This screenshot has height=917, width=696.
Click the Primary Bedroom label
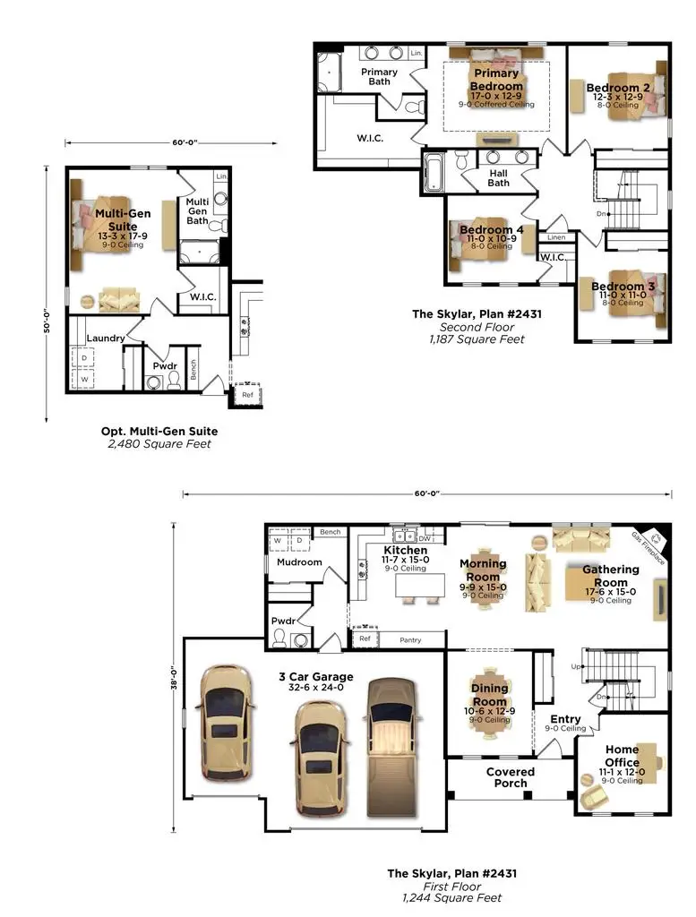click(x=496, y=80)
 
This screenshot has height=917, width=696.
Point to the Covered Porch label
click(x=511, y=777)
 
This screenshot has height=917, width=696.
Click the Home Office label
click(x=622, y=756)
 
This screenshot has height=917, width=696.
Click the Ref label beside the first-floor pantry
click(x=365, y=639)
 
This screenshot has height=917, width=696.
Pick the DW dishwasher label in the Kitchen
click(x=425, y=538)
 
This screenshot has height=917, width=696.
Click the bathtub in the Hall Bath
click(x=434, y=173)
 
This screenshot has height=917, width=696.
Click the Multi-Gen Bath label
click(x=197, y=211)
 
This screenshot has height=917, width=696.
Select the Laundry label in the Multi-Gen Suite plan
click(x=105, y=338)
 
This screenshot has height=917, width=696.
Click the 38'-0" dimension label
click(x=176, y=681)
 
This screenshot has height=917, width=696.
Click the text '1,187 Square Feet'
click(x=476, y=339)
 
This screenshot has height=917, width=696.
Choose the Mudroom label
click(x=299, y=562)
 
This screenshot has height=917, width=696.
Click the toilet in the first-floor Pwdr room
click(x=279, y=637)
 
